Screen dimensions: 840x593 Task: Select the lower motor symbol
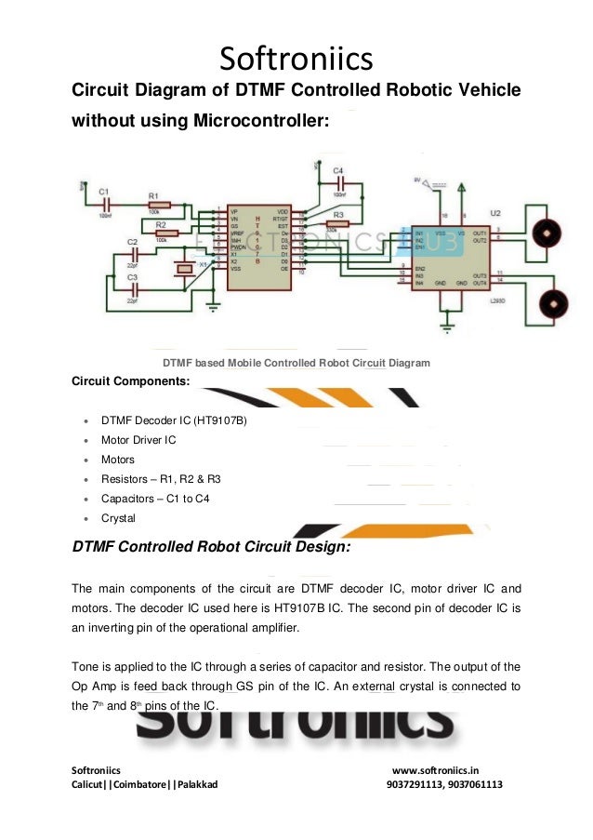click(555, 302)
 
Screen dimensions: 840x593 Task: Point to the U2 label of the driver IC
click(494, 213)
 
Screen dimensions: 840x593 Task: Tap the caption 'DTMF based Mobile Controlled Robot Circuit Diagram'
click(296, 363)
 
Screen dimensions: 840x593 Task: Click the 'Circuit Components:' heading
click(130, 381)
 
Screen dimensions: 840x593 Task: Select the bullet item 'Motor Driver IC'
click(138, 440)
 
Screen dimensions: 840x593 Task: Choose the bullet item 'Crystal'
click(118, 518)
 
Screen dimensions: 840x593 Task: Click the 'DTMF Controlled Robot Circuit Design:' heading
click(211, 548)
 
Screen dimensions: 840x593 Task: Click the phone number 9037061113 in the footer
click(475, 784)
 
